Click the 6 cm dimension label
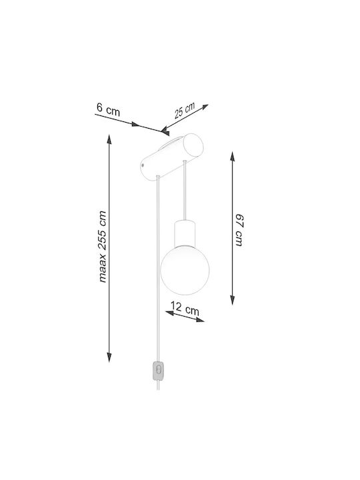tap(108, 109)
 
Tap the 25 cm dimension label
tap(185, 110)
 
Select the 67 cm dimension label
tap(240, 230)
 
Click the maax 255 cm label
tap(102, 247)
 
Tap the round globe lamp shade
tap(185, 270)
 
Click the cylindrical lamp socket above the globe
tap(185, 233)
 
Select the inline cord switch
tap(158, 371)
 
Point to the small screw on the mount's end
tap(143, 165)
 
